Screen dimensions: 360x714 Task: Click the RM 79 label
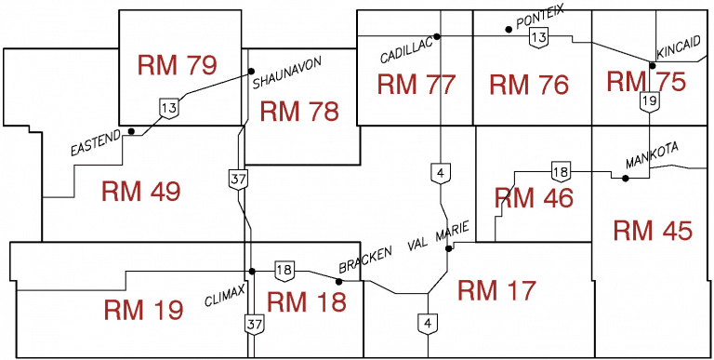pyautogui.click(x=177, y=65)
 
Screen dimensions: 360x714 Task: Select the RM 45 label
pyautogui.click(x=653, y=231)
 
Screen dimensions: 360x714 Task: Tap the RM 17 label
pyautogui.click(x=497, y=290)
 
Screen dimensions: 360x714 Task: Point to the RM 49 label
pyautogui.click(x=141, y=192)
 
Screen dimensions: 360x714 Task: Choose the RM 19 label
pyautogui.click(x=143, y=309)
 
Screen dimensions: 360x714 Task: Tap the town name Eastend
pyautogui.click(x=96, y=144)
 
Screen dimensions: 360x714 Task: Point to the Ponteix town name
pyautogui.click(x=540, y=19)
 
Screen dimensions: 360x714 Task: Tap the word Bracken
pyautogui.click(x=361, y=260)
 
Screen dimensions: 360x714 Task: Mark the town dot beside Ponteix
pyautogui.click(x=509, y=29)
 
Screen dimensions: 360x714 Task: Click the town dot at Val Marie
pyautogui.click(x=449, y=248)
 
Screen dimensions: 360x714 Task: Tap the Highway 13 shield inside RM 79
pyautogui.click(x=168, y=109)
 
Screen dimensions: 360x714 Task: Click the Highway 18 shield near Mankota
pyautogui.click(x=560, y=171)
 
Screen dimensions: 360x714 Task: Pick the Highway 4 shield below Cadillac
pyautogui.click(x=439, y=172)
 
